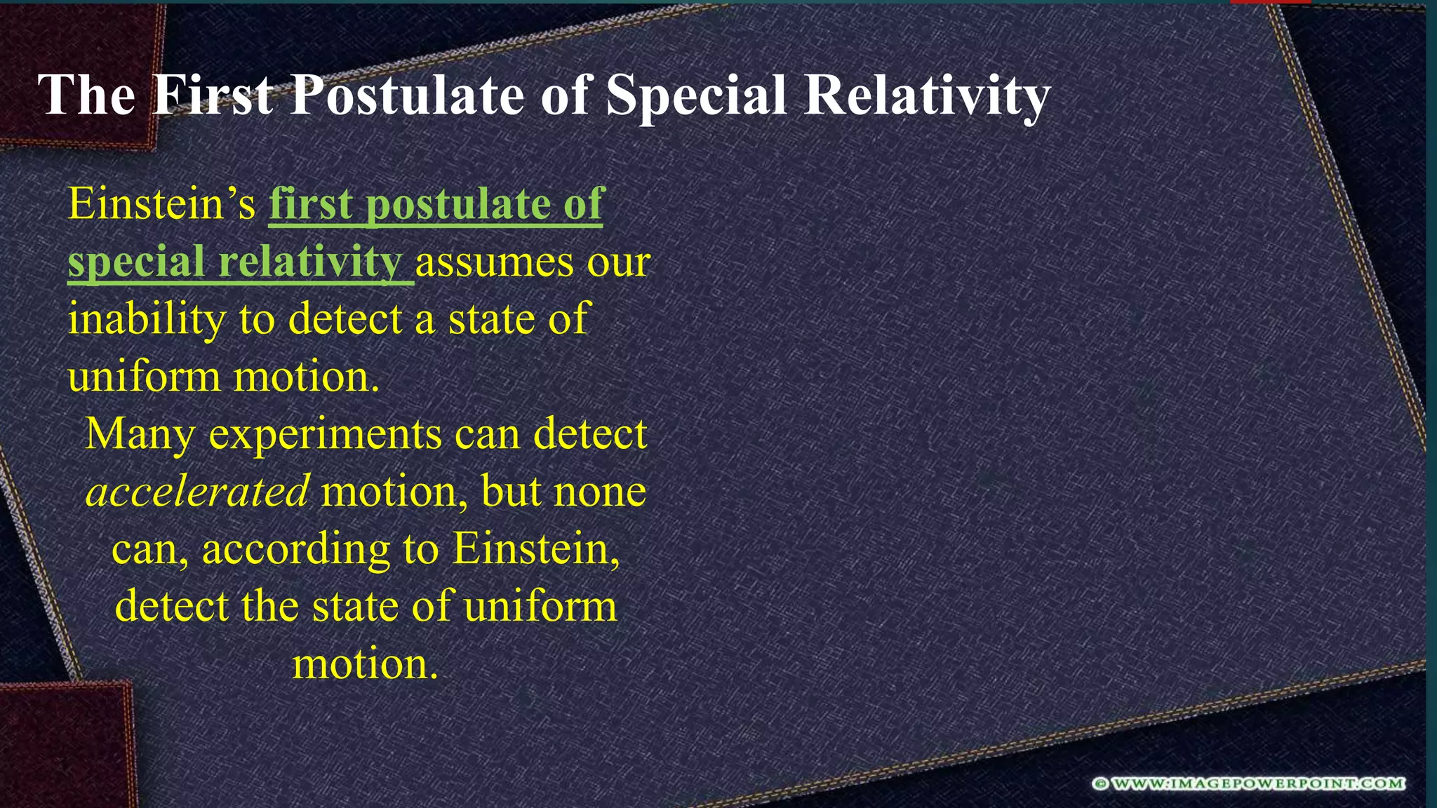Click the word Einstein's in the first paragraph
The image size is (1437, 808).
pyautogui.click(x=161, y=204)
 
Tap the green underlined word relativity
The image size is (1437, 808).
pyautogui.click(x=309, y=262)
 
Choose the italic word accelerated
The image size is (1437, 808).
pyautogui.click(x=197, y=491)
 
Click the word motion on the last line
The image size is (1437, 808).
pyautogui.click(x=364, y=664)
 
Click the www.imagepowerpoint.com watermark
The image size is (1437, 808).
pyautogui.click(x=1248, y=783)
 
